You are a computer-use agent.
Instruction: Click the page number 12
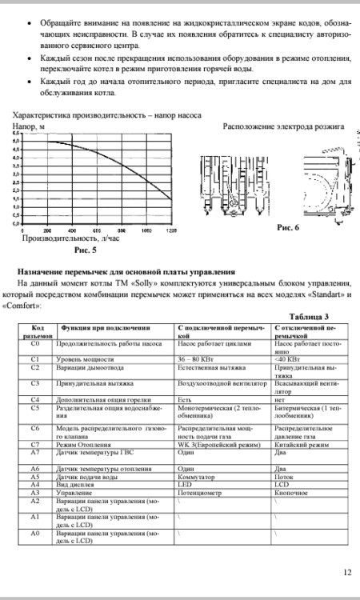click(x=346, y=572)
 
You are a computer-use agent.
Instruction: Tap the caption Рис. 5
click(x=86, y=250)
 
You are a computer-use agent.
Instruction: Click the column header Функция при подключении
click(x=102, y=328)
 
